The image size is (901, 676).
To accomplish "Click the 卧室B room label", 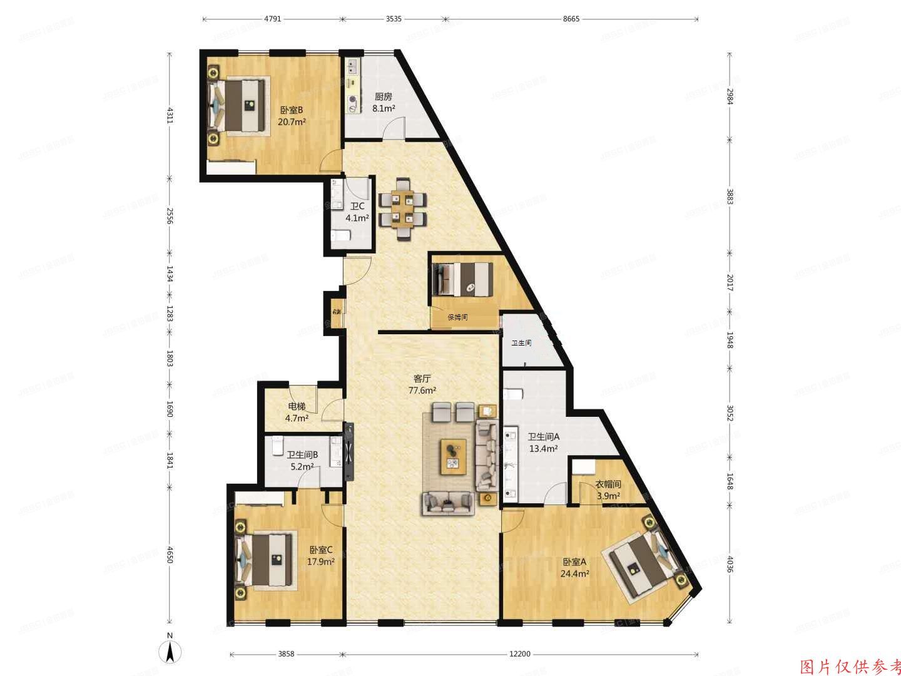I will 292,116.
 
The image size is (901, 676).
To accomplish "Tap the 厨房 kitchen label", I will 384,103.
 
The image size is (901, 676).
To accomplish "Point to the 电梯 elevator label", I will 297,412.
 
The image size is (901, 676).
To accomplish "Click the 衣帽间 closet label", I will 608,489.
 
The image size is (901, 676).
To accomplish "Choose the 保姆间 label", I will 457,317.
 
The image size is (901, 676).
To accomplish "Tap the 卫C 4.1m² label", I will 358,212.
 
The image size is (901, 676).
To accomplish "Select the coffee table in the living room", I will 454,456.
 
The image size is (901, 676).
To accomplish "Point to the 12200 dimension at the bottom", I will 519,654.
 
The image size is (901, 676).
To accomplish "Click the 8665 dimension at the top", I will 571,19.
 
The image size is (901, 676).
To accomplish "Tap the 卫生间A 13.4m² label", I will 543,443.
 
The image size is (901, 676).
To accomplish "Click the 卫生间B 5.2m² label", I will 303,461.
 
